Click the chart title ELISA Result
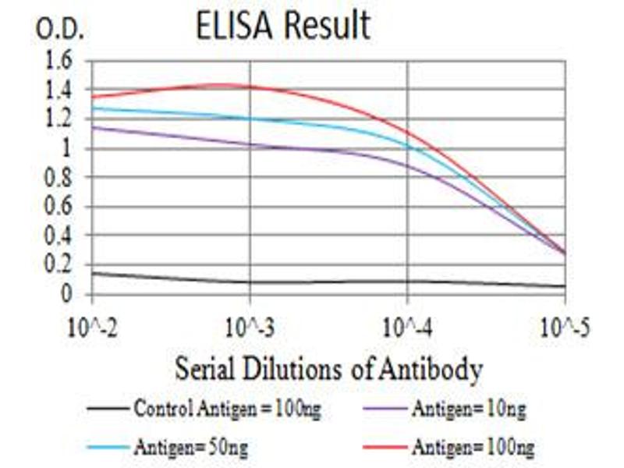(x=282, y=26)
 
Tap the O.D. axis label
(x=59, y=30)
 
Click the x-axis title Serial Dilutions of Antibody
(x=328, y=368)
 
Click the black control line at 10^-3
(x=250, y=282)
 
